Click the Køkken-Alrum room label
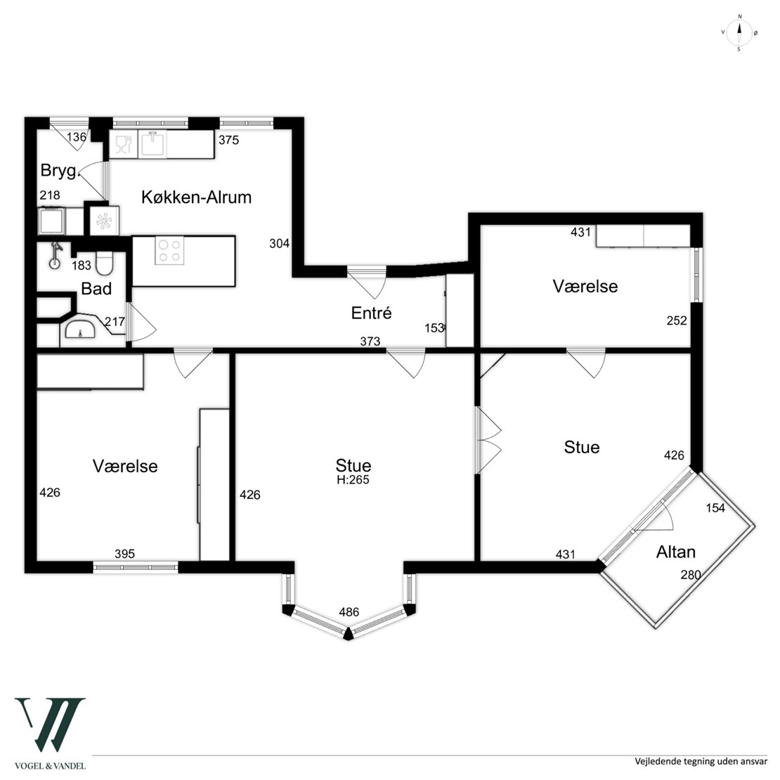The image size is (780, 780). pos(197,197)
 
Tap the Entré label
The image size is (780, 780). pos(372,313)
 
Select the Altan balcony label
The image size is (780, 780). pos(675,552)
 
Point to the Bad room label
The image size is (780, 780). pos(96,289)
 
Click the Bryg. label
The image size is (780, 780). pos(60,171)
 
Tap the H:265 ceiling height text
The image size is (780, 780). pos(353,480)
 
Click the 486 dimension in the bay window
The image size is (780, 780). pos(349,612)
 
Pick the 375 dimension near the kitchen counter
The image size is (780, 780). pos(229,140)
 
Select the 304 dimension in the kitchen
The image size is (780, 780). pos(279,243)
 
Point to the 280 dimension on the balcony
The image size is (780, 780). pos(691,575)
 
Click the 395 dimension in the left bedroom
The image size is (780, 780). pos(124,554)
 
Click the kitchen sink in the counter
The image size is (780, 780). pos(152,144)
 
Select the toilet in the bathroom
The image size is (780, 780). pos(105,263)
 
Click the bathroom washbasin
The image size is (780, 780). pos(80,329)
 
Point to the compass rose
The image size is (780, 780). pos(739,33)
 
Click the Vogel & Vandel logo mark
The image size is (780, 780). pos(50,724)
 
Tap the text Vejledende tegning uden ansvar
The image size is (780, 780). pos(701,761)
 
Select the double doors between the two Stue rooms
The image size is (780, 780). pos(488,440)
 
